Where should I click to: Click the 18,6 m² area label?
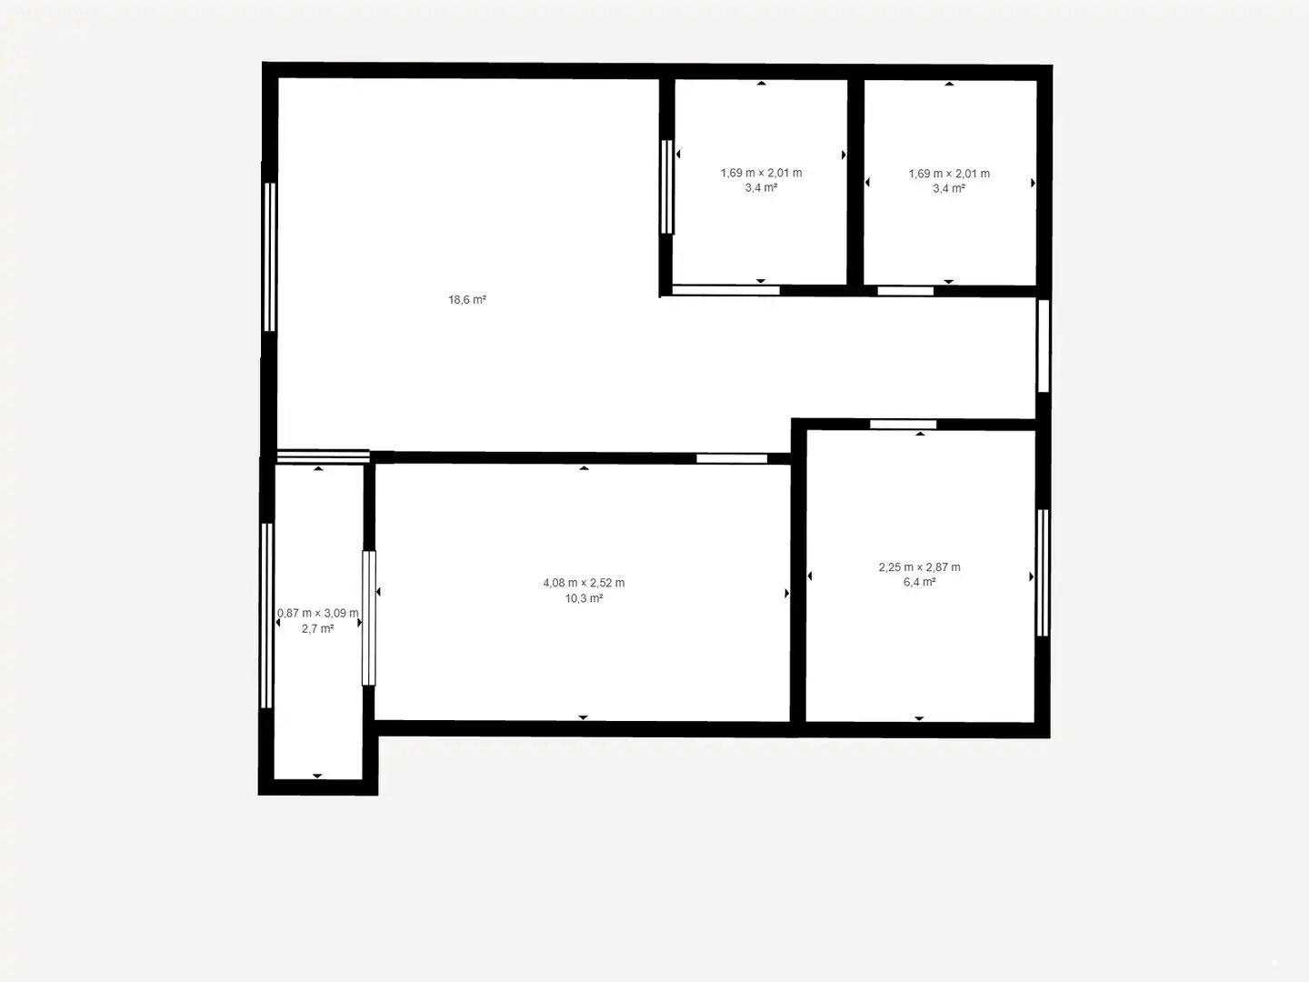tap(467, 299)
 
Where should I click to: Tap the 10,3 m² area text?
tap(584, 598)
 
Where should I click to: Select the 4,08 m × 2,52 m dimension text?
tap(584, 583)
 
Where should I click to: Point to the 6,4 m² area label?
tap(919, 582)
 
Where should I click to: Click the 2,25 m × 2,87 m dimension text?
tap(919, 567)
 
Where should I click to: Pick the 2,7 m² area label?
tap(317, 628)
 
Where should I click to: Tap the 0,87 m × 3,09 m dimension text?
tap(318, 613)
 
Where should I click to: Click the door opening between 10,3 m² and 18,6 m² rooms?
tap(732, 458)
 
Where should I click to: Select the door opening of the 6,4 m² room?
tap(903, 425)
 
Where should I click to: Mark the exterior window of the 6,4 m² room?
tap(1043, 573)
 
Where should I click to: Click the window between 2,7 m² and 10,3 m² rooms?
tap(369, 618)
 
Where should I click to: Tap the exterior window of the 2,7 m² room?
tap(266, 616)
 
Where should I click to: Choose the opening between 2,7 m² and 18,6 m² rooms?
tap(324, 456)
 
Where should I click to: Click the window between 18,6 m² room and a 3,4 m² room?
tap(666, 186)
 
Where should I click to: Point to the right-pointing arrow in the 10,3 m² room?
tap(786, 593)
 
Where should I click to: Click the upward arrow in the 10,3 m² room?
tap(584, 468)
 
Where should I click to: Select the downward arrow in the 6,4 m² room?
tap(919, 718)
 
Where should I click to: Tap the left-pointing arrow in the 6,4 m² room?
tap(809, 576)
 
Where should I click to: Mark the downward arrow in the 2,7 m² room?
tap(317, 776)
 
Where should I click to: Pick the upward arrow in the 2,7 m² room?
tap(318, 468)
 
